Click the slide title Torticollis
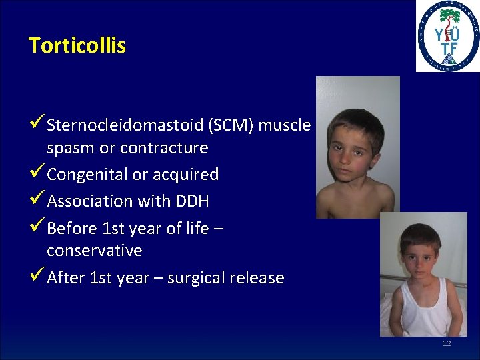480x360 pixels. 77,45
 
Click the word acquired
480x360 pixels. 187,175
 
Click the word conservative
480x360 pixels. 94,251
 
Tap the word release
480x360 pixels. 256,277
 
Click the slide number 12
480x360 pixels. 447,343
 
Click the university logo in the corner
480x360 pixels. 447,36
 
